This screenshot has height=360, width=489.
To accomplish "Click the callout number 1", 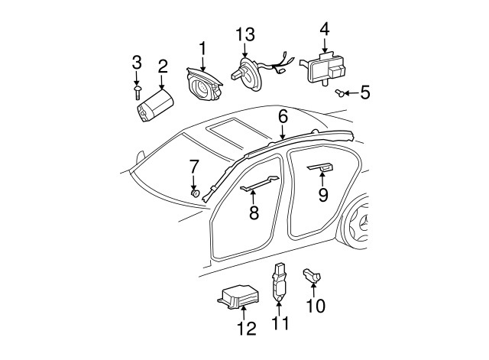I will tap(203, 49).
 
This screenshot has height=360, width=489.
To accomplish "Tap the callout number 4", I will tap(324, 31).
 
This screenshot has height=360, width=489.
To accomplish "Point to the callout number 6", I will tap(283, 116).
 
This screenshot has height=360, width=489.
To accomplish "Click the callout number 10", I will tap(315, 306).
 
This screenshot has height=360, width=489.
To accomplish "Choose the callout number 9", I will tap(323, 196).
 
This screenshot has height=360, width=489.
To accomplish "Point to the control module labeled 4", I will tap(324, 66).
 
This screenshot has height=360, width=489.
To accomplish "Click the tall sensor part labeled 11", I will tap(280, 281).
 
